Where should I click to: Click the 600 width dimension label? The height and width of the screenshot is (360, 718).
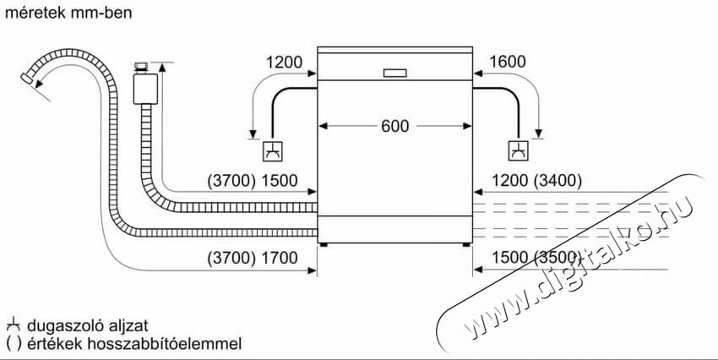coord(394,126)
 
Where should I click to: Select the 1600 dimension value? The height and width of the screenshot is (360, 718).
coord(507,62)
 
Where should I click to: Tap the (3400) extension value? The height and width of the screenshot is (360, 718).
coord(558,182)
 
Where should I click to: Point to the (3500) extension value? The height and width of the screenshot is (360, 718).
coord(558,258)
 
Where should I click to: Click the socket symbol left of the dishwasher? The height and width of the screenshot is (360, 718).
coord(273,151)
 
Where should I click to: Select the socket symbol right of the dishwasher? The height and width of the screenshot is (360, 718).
coord(519,150)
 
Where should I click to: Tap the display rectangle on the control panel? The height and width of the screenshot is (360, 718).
coord(394,73)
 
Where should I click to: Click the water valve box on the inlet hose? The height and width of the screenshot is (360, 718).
coord(145,89)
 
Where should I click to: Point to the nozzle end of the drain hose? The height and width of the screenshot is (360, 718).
coord(26,79)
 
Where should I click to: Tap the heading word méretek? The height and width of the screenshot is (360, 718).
coord(35,14)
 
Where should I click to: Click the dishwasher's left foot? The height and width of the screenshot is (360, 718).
coord(324,245)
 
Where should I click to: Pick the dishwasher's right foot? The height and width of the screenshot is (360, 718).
coord(466,245)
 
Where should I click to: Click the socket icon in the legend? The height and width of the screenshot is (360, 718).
coord(14,326)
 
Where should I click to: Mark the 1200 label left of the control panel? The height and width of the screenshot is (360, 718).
coord(284,62)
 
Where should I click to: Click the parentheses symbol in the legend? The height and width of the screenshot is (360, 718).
coord(14,343)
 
